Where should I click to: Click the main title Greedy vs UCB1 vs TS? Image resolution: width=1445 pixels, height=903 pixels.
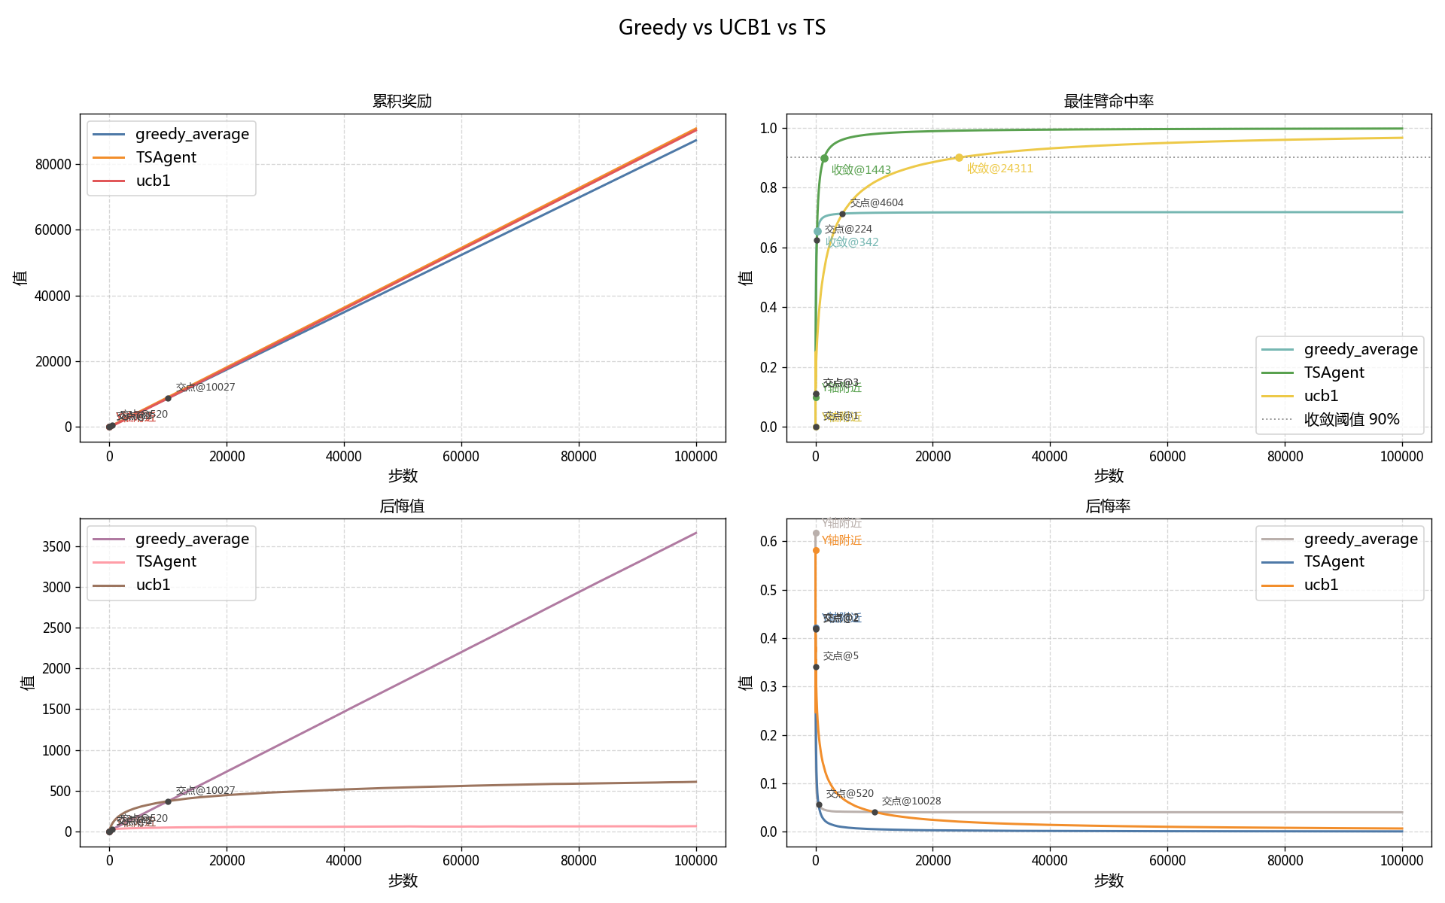click(x=722, y=28)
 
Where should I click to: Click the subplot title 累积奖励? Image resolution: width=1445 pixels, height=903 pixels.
click(x=402, y=101)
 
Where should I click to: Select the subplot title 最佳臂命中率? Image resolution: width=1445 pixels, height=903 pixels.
click(x=1108, y=101)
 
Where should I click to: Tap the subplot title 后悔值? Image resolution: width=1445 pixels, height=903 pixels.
click(x=402, y=506)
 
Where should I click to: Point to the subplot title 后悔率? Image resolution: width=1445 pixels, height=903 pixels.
click(x=1108, y=506)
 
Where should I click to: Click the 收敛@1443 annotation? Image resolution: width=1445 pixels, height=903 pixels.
click(x=861, y=170)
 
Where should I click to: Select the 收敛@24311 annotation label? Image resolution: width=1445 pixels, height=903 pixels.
click(x=999, y=169)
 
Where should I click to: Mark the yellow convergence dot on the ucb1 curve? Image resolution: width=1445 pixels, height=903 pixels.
click(x=959, y=158)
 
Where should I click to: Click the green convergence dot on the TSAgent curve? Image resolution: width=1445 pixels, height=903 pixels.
click(x=824, y=158)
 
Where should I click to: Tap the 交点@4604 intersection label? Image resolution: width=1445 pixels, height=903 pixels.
click(x=877, y=203)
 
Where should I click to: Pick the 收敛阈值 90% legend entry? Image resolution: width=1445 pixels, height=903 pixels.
click(x=1351, y=419)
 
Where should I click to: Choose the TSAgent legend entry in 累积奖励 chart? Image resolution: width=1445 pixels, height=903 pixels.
click(x=166, y=157)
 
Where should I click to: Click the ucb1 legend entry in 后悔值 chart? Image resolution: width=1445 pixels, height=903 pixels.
click(x=153, y=585)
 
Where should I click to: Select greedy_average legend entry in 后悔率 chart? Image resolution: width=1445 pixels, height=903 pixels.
click(x=1360, y=539)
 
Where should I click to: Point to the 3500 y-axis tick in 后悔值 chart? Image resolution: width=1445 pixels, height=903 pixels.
click(x=57, y=546)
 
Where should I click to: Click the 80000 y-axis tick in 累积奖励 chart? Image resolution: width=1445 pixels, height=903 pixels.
click(x=53, y=164)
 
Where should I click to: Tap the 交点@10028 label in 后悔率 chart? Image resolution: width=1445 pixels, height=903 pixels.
click(x=911, y=801)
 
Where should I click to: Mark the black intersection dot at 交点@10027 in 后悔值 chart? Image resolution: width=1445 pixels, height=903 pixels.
click(x=168, y=801)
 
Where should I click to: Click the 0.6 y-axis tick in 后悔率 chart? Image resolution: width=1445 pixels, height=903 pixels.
click(x=768, y=541)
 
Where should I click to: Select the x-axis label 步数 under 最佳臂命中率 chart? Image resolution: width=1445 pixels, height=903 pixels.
click(x=1108, y=476)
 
